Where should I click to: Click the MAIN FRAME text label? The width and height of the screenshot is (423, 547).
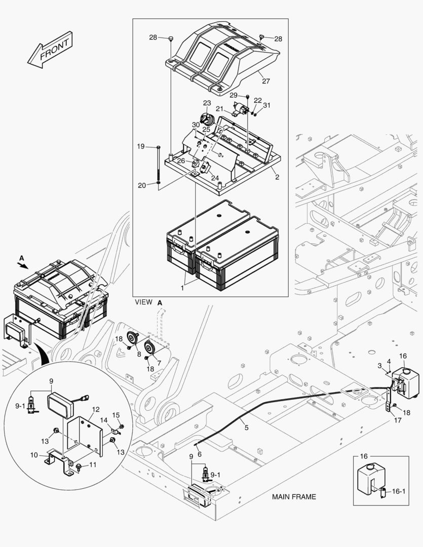coord(294,496)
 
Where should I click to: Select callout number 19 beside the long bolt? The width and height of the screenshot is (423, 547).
coord(140,146)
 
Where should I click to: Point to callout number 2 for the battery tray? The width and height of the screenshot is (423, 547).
coord(277,176)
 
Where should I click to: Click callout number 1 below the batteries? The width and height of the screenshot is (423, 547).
coord(182,288)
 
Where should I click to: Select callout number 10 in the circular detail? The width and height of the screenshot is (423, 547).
coord(34,455)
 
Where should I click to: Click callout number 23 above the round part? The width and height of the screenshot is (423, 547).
coord(207,103)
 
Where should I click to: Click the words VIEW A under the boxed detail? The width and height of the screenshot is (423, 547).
coord(148,302)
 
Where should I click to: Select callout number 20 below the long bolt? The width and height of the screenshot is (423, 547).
coord(142,185)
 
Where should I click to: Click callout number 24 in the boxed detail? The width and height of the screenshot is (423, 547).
coord(215,178)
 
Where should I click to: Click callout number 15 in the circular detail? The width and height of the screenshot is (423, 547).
coord(116,415)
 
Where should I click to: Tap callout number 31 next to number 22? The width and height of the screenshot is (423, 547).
coord(266,105)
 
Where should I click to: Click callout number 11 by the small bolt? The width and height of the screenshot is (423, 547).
coord(93,464)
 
